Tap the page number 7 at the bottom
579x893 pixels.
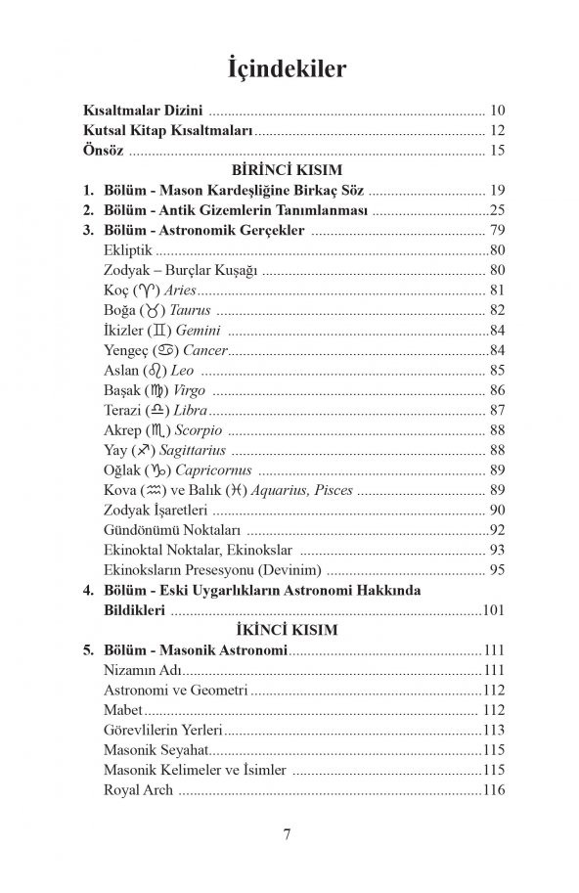(x=289, y=834)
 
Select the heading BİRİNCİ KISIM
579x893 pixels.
(x=289, y=170)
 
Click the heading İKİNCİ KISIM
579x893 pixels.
(x=289, y=631)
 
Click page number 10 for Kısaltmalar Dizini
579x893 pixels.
(x=497, y=111)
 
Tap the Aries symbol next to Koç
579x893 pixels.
(x=147, y=290)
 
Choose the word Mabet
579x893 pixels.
(x=122, y=710)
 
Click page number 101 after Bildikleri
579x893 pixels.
(x=493, y=610)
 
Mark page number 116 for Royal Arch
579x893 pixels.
(x=493, y=789)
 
